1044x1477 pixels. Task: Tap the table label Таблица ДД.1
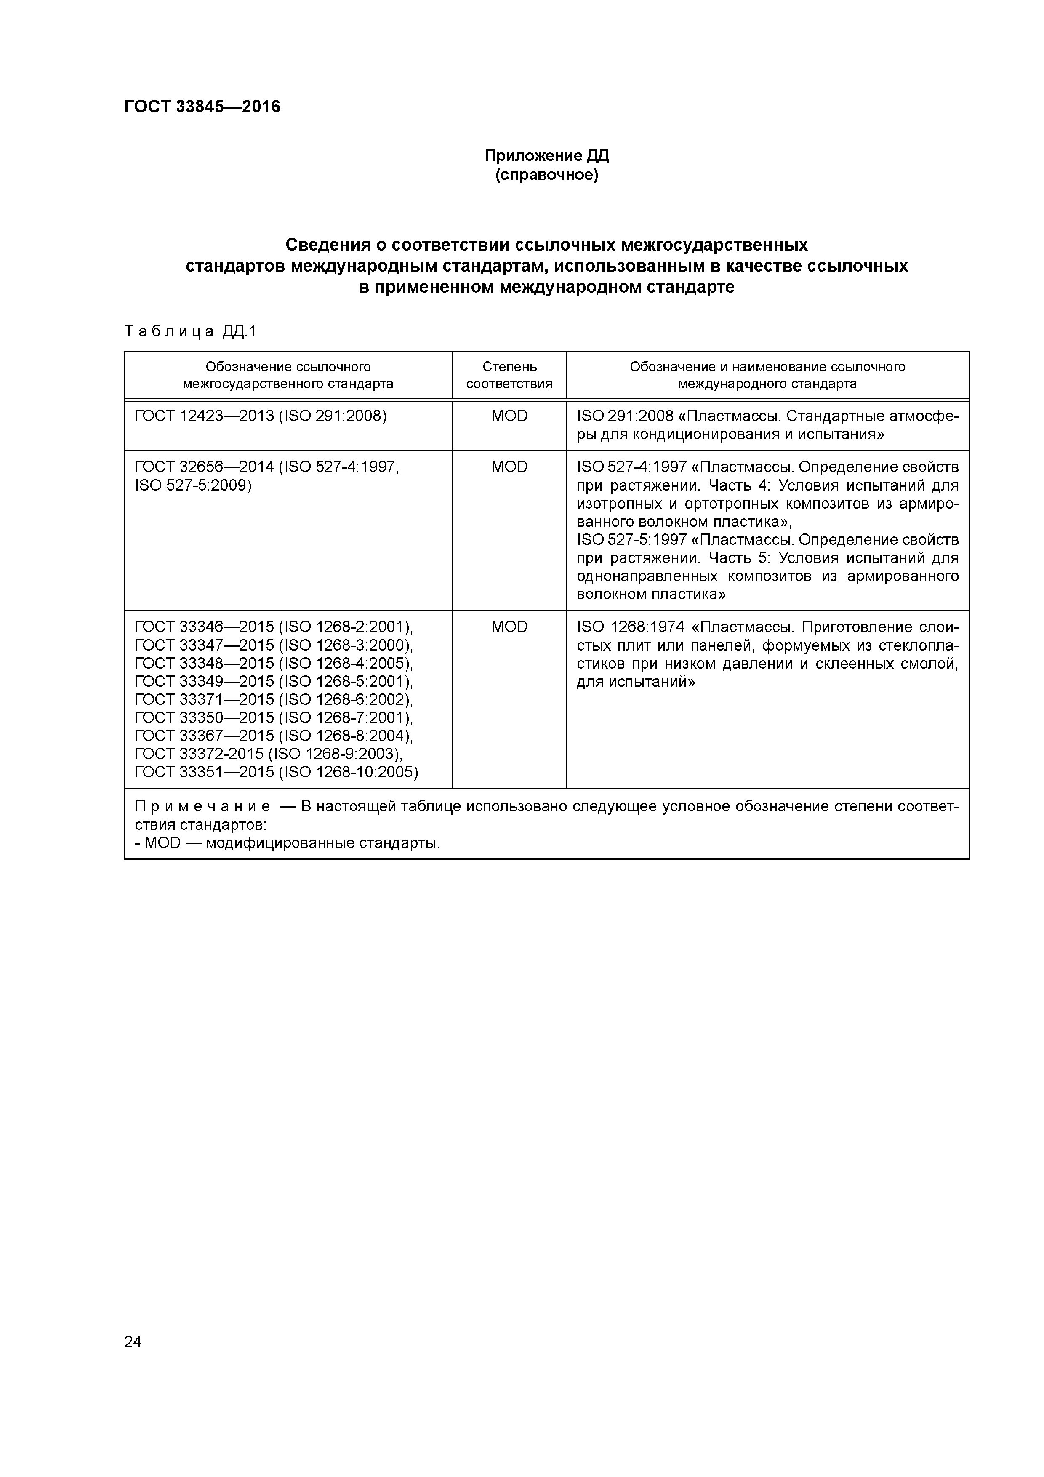(x=190, y=331)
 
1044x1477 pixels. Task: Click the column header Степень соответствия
(x=509, y=375)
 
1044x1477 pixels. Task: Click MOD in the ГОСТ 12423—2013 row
(x=509, y=416)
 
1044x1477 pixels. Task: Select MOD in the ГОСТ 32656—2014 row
(x=509, y=467)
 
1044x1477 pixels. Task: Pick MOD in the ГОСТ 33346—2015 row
(x=509, y=627)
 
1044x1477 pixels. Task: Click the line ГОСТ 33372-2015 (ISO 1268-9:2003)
(x=269, y=753)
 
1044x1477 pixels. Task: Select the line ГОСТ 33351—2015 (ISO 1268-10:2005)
(x=277, y=771)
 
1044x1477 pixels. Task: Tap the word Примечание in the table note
(x=202, y=807)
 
